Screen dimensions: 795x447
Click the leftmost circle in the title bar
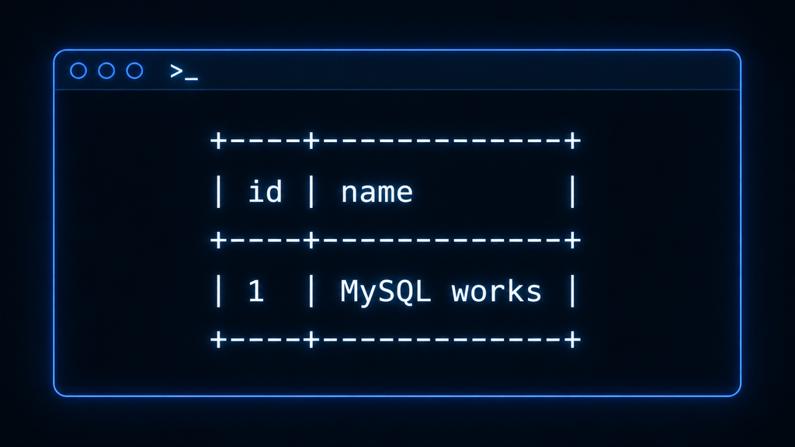[78, 63]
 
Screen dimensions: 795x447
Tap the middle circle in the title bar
[106, 63]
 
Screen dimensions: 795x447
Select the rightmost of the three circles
[134, 63]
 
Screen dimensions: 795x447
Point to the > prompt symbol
[176, 71]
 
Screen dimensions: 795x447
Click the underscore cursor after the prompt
[192, 78]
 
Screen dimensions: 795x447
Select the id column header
[265, 192]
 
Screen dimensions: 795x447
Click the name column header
[377, 193]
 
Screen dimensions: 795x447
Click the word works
[496, 292]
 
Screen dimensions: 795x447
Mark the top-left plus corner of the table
[218, 140]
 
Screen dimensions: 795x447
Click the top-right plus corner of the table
[572, 140]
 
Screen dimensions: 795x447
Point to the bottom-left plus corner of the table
[218, 339]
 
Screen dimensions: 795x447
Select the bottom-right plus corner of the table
[572, 339]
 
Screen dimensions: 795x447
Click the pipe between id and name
[311, 192]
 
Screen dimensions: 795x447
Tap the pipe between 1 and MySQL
[311, 292]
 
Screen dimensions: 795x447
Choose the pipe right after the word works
[572, 292]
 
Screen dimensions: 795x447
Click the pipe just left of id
[218, 192]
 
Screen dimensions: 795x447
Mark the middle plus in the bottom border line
[311, 339]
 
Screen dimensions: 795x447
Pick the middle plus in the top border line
[311, 140]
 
